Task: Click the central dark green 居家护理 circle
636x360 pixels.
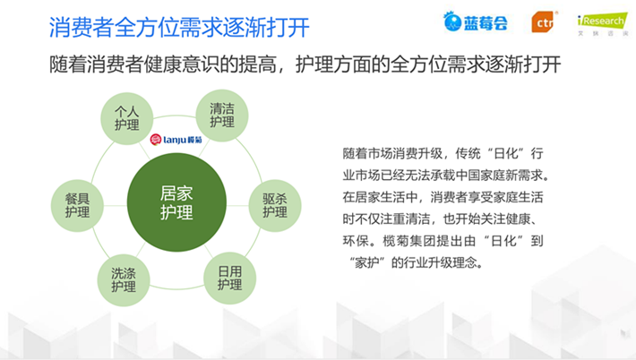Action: coord(176,202)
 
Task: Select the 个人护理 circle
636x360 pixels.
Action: coord(126,118)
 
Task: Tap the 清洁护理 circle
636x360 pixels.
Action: coord(222,116)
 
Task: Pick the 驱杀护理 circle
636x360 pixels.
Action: coord(275,206)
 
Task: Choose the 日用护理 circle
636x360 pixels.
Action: coord(229,279)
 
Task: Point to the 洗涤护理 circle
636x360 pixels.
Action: coord(124,279)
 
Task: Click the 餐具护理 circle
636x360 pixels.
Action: coord(77,206)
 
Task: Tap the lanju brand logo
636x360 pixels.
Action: coord(176,140)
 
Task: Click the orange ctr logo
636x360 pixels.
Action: coord(543,22)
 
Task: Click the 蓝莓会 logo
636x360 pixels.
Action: coord(475,21)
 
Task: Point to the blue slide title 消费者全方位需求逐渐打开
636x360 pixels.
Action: coord(179,28)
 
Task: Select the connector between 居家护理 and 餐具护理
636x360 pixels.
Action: coord(116,206)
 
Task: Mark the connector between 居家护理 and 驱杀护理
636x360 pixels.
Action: coord(237,206)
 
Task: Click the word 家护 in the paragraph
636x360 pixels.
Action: coord(367,262)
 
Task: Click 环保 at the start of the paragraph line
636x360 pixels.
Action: coord(355,241)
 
